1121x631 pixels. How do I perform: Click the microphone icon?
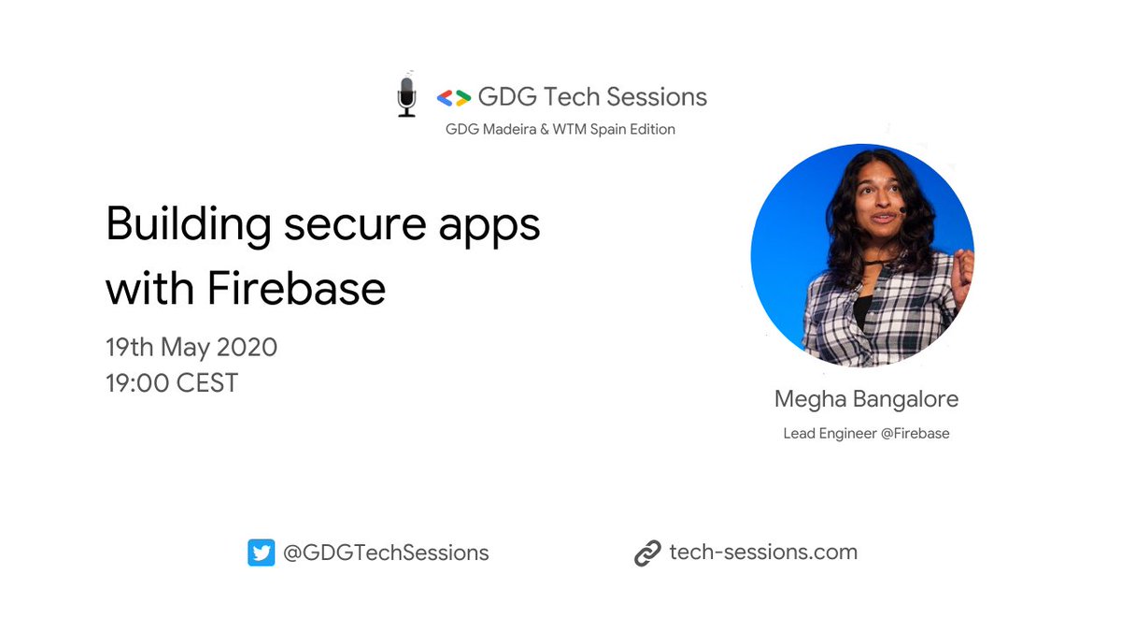point(406,96)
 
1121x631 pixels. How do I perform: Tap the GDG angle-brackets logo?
point(453,97)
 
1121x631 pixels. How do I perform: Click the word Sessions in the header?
point(657,96)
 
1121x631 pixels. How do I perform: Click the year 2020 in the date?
point(247,348)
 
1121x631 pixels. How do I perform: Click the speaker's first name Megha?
point(809,400)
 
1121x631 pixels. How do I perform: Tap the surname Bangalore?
point(904,400)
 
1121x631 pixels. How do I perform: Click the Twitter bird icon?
point(261,553)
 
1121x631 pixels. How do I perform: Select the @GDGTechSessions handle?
point(386,552)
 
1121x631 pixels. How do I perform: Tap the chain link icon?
point(647,553)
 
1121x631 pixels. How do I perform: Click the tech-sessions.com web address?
point(763,552)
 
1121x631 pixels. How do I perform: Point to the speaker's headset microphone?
point(902,212)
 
